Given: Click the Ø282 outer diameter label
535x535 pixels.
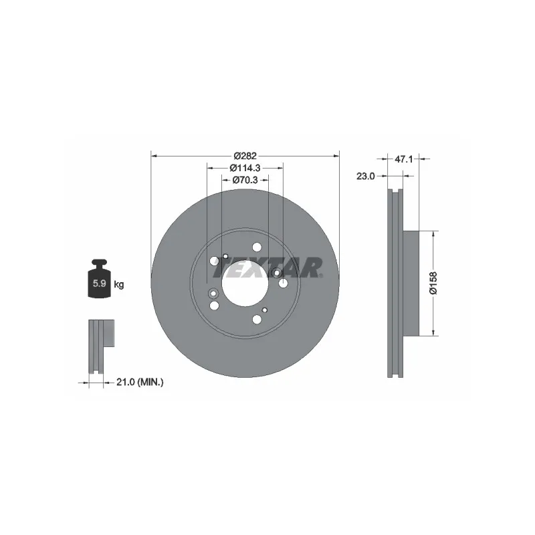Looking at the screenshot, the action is click(245, 156).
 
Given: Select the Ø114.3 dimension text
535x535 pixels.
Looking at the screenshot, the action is click(245, 168).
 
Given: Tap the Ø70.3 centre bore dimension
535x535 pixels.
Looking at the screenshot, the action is click(245, 180).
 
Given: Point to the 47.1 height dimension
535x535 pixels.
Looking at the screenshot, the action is click(404, 159).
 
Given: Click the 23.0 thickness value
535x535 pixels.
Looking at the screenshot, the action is click(365, 176).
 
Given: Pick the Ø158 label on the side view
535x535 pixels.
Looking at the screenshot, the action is click(433, 283).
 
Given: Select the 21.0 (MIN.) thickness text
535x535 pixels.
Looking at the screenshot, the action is click(140, 382).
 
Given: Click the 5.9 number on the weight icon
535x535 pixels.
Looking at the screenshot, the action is click(99, 283).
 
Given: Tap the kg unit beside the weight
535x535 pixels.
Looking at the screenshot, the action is click(119, 284).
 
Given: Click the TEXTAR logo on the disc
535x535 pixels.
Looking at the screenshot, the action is click(267, 268).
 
